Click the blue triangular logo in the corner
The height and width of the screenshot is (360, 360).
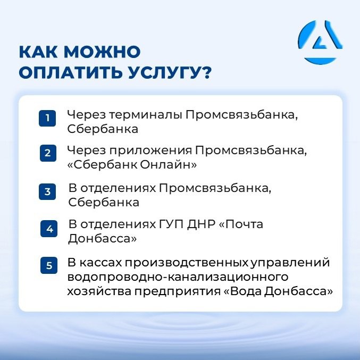pos(320,42)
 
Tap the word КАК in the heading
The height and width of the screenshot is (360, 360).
pos(38,52)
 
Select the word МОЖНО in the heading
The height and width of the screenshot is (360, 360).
pos(102,52)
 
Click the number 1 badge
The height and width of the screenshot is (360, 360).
pos(47,118)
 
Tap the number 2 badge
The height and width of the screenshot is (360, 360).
pos(48,153)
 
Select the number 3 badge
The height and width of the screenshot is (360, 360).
pos(47,192)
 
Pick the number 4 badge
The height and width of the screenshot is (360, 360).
pos(49,229)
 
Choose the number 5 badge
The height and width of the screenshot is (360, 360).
pos(49,265)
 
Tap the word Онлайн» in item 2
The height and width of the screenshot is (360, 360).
pos(168,165)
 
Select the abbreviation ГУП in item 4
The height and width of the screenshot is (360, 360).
pos(170,224)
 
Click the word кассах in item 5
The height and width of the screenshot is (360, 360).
pos(101,263)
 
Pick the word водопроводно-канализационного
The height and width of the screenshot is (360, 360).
pos(178,277)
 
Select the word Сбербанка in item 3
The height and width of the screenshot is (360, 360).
pos(104,203)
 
